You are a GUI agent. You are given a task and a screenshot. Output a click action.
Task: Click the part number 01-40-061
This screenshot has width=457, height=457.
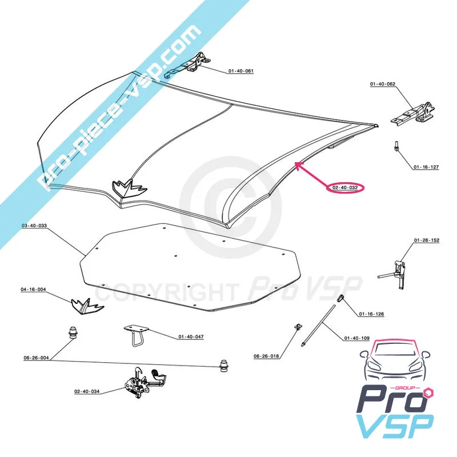pyautogui.click(x=240, y=71)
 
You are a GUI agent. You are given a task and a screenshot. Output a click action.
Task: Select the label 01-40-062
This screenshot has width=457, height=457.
pyautogui.click(x=382, y=85)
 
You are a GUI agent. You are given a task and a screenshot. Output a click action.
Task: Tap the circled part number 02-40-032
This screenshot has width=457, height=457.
pyautogui.click(x=345, y=187)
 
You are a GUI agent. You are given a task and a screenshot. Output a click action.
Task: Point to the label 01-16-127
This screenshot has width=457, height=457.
pyautogui.click(x=426, y=167)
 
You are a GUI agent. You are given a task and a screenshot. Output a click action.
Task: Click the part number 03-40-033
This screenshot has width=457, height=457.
pyautogui.click(x=34, y=227)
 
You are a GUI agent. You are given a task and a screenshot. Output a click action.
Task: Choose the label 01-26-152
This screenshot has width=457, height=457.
pyautogui.click(x=427, y=240)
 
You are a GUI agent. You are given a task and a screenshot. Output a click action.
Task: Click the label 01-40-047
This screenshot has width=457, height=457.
pyautogui.click(x=190, y=337)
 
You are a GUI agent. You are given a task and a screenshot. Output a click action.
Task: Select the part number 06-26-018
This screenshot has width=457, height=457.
pyautogui.click(x=266, y=356)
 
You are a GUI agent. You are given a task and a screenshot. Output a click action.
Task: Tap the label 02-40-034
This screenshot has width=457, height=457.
pyautogui.click(x=86, y=391)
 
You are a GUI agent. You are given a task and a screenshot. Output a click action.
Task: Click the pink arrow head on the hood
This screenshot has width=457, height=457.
pyautogui.click(x=297, y=165)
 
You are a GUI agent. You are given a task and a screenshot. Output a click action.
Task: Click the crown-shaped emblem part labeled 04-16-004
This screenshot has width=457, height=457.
pyautogui.click(x=88, y=306)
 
